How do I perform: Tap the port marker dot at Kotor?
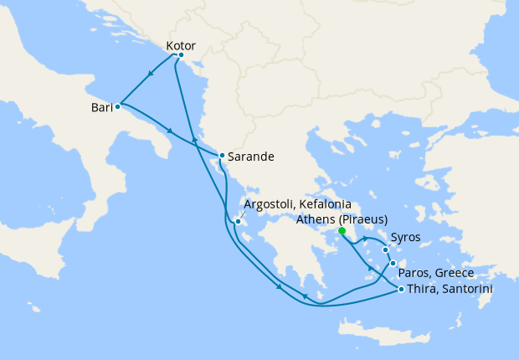(x=181, y=55)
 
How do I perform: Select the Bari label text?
(x=101, y=108)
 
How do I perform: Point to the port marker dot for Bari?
(x=118, y=106)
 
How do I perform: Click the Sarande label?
(x=252, y=156)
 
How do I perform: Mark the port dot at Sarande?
(x=221, y=155)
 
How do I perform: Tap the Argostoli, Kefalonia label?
(x=297, y=204)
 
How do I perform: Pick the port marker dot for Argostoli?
(x=239, y=222)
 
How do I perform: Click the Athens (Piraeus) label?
(x=342, y=220)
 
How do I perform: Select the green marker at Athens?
(x=342, y=231)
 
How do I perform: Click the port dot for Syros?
(x=385, y=249)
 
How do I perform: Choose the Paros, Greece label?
(x=436, y=273)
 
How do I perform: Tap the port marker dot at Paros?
(x=393, y=264)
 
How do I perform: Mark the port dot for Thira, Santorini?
(x=402, y=290)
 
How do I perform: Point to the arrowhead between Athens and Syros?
(x=366, y=240)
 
